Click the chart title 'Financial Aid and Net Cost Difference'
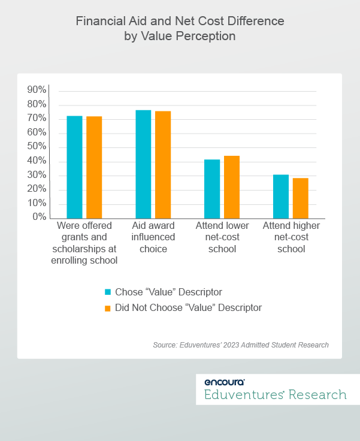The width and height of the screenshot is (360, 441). click(x=180, y=22)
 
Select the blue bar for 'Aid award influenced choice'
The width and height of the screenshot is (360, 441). click(x=143, y=164)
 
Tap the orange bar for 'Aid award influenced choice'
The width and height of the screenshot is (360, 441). click(x=163, y=165)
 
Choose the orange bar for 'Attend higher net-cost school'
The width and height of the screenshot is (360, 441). click(x=301, y=198)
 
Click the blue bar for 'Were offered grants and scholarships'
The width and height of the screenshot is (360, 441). click(x=74, y=167)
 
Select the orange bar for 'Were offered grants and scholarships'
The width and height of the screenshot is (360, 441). click(x=94, y=167)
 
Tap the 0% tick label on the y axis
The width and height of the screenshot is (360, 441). click(x=39, y=217)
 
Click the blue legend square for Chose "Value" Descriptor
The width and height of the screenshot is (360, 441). click(x=108, y=292)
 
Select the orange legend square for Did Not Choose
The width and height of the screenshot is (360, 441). click(x=108, y=308)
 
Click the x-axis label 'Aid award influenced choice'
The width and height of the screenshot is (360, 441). click(x=153, y=237)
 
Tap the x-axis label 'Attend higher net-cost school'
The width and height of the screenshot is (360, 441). click(x=291, y=237)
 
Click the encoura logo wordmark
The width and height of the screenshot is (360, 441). click(x=224, y=382)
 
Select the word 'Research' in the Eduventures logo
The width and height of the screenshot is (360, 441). click(x=317, y=395)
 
